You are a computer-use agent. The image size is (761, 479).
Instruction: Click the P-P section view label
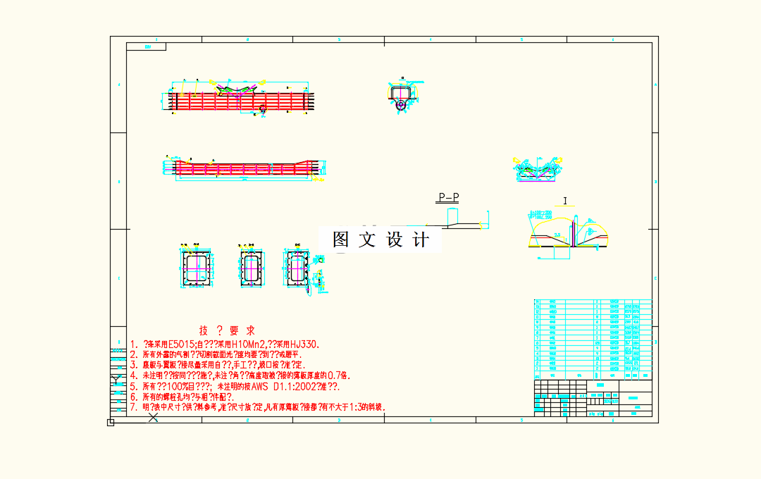(449, 198)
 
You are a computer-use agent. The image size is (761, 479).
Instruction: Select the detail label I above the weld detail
(565, 201)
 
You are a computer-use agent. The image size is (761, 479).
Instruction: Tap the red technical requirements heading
(227, 330)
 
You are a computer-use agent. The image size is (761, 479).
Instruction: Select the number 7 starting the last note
(132, 407)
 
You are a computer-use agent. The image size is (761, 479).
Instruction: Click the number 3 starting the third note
(132, 366)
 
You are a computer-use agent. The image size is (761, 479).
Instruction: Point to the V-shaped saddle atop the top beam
(236, 89)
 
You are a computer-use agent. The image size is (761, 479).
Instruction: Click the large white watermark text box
(380, 240)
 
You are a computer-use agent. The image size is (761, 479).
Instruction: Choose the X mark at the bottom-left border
(153, 418)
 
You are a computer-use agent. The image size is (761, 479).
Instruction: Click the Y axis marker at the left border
(114, 381)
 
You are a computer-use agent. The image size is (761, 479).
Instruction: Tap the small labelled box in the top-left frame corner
(146, 46)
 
